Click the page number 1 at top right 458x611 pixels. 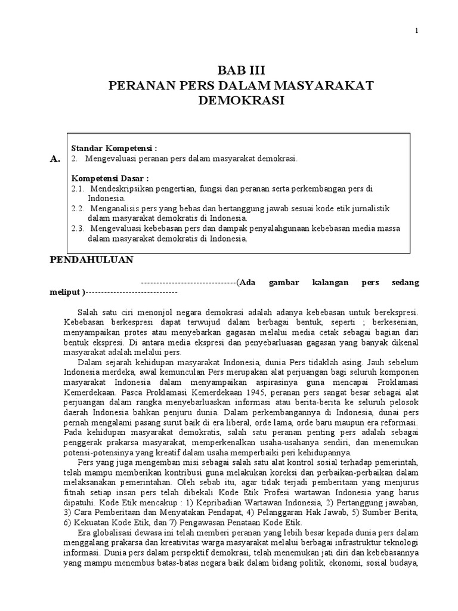(417, 31)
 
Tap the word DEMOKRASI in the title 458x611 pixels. (241, 101)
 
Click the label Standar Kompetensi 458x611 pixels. (114, 148)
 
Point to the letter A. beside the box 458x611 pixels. (55, 159)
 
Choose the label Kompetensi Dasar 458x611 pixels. (110, 178)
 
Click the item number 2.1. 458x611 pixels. (78, 189)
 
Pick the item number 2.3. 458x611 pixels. (78, 229)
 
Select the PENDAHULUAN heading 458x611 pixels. (91, 260)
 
